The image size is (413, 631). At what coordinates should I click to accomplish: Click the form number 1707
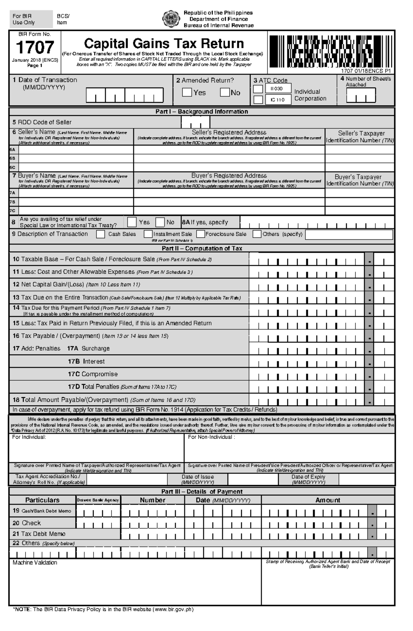35,47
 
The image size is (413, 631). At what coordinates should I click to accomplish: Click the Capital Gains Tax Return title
164,44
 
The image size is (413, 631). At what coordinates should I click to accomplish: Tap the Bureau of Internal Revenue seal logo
171,19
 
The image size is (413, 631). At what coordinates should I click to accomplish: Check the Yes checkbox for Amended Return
187,92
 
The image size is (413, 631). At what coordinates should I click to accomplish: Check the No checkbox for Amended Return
225,92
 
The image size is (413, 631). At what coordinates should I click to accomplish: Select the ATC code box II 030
278,89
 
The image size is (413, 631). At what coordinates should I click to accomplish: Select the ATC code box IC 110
278,100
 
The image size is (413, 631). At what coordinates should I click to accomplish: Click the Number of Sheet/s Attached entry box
361,95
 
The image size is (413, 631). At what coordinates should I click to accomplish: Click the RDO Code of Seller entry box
195,122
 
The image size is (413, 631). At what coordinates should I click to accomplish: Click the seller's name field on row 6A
76,150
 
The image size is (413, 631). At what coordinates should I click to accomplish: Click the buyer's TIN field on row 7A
360,193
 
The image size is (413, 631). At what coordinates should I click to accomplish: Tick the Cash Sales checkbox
100,234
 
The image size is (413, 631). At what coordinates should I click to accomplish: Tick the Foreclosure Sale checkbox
201,234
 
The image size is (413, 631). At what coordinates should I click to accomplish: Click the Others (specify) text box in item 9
349,235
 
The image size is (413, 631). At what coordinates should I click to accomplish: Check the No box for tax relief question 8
160,222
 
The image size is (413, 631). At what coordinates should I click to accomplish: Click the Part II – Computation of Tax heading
202,248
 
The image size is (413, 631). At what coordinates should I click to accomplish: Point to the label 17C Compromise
93,374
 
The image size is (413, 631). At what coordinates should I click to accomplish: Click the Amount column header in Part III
328,500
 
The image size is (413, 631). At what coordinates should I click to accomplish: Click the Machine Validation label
35,563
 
